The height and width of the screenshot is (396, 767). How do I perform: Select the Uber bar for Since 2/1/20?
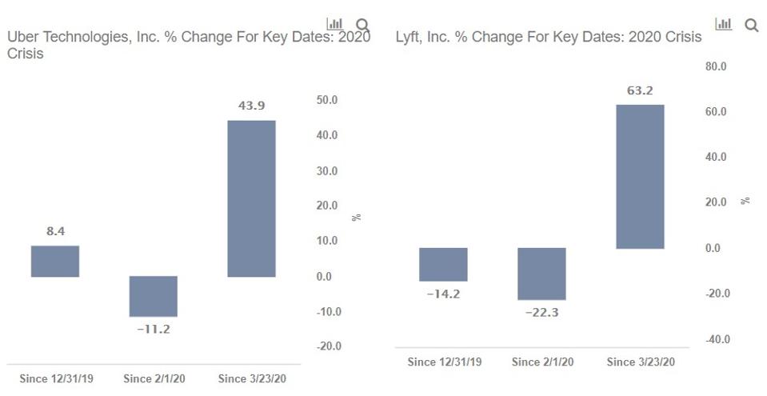(x=153, y=296)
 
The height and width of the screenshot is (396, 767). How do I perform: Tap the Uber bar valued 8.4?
(x=54, y=261)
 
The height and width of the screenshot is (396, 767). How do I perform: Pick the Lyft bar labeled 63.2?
(x=640, y=176)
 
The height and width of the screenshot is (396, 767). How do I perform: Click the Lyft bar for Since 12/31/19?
(x=443, y=264)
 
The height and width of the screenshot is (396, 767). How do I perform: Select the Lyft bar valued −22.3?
(x=541, y=274)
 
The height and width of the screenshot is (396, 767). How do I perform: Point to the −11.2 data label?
(x=153, y=329)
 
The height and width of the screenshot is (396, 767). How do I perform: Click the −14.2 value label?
(x=443, y=294)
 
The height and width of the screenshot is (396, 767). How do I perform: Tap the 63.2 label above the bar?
(x=640, y=90)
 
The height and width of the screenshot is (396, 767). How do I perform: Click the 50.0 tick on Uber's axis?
(x=328, y=100)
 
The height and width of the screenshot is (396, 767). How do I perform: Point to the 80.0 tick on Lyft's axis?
(x=716, y=67)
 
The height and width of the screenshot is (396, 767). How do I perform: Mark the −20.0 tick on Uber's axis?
(x=327, y=346)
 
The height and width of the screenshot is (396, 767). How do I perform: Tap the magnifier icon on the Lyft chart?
(x=751, y=25)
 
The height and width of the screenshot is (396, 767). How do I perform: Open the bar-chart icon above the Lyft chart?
(x=724, y=24)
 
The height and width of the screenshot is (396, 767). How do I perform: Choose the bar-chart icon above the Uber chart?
(x=335, y=24)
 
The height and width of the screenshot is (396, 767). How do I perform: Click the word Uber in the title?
(x=23, y=38)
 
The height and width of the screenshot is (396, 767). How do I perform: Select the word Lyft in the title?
(x=409, y=38)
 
